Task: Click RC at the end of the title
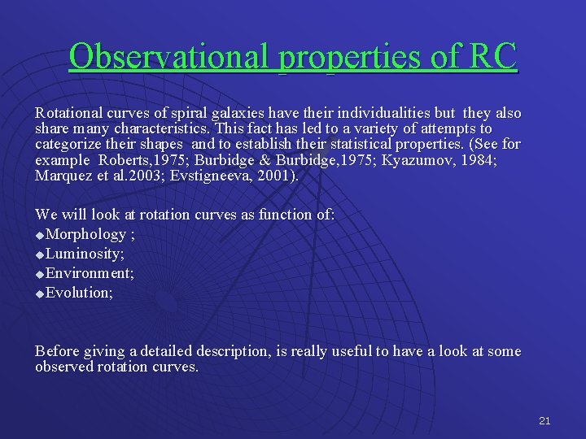(492, 57)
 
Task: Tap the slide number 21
(544, 420)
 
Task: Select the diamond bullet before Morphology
(40, 236)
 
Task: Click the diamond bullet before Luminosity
(40, 255)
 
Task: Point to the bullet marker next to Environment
(40, 275)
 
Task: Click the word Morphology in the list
(86, 234)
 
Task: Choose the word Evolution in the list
(79, 293)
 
